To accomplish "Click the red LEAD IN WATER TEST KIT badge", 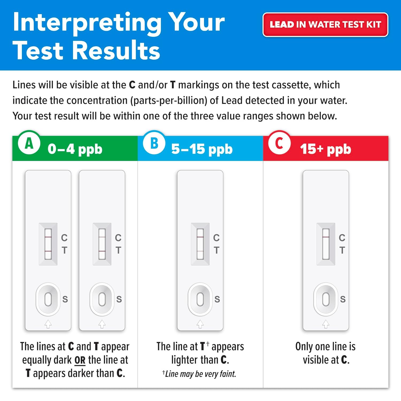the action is pyautogui.click(x=325, y=25).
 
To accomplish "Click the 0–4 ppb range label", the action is pyautogui.click(x=75, y=149).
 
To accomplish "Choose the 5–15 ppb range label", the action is pyautogui.click(x=202, y=149).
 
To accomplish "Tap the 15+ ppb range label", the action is pyautogui.click(x=325, y=149).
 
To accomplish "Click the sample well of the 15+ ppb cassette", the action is pyautogui.click(x=326, y=299).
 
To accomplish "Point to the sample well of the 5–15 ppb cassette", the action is pyautogui.click(x=200, y=299).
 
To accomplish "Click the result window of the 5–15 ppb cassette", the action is pyautogui.click(x=200, y=244).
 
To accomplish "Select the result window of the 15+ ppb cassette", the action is pyautogui.click(x=326, y=244).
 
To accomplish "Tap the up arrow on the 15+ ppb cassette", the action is pyautogui.click(x=326, y=324).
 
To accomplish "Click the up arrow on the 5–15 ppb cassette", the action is pyautogui.click(x=200, y=324).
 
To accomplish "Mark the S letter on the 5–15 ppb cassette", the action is pyautogui.click(x=217, y=299).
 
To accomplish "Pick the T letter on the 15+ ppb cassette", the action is pyautogui.click(x=342, y=250).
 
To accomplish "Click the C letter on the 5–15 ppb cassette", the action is pyautogui.click(x=216, y=238).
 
